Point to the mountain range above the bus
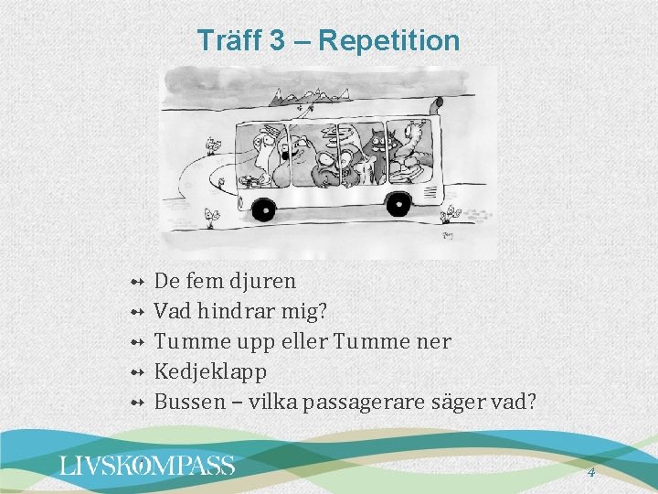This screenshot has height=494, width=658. pos(311,93)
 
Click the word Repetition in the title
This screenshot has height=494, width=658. pos(389,40)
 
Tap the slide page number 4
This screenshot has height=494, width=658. pos(590,472)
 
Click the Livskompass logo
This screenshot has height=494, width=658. pos(147,466)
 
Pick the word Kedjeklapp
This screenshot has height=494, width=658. pos(210,371)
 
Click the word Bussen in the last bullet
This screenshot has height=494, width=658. pos(186,401)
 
